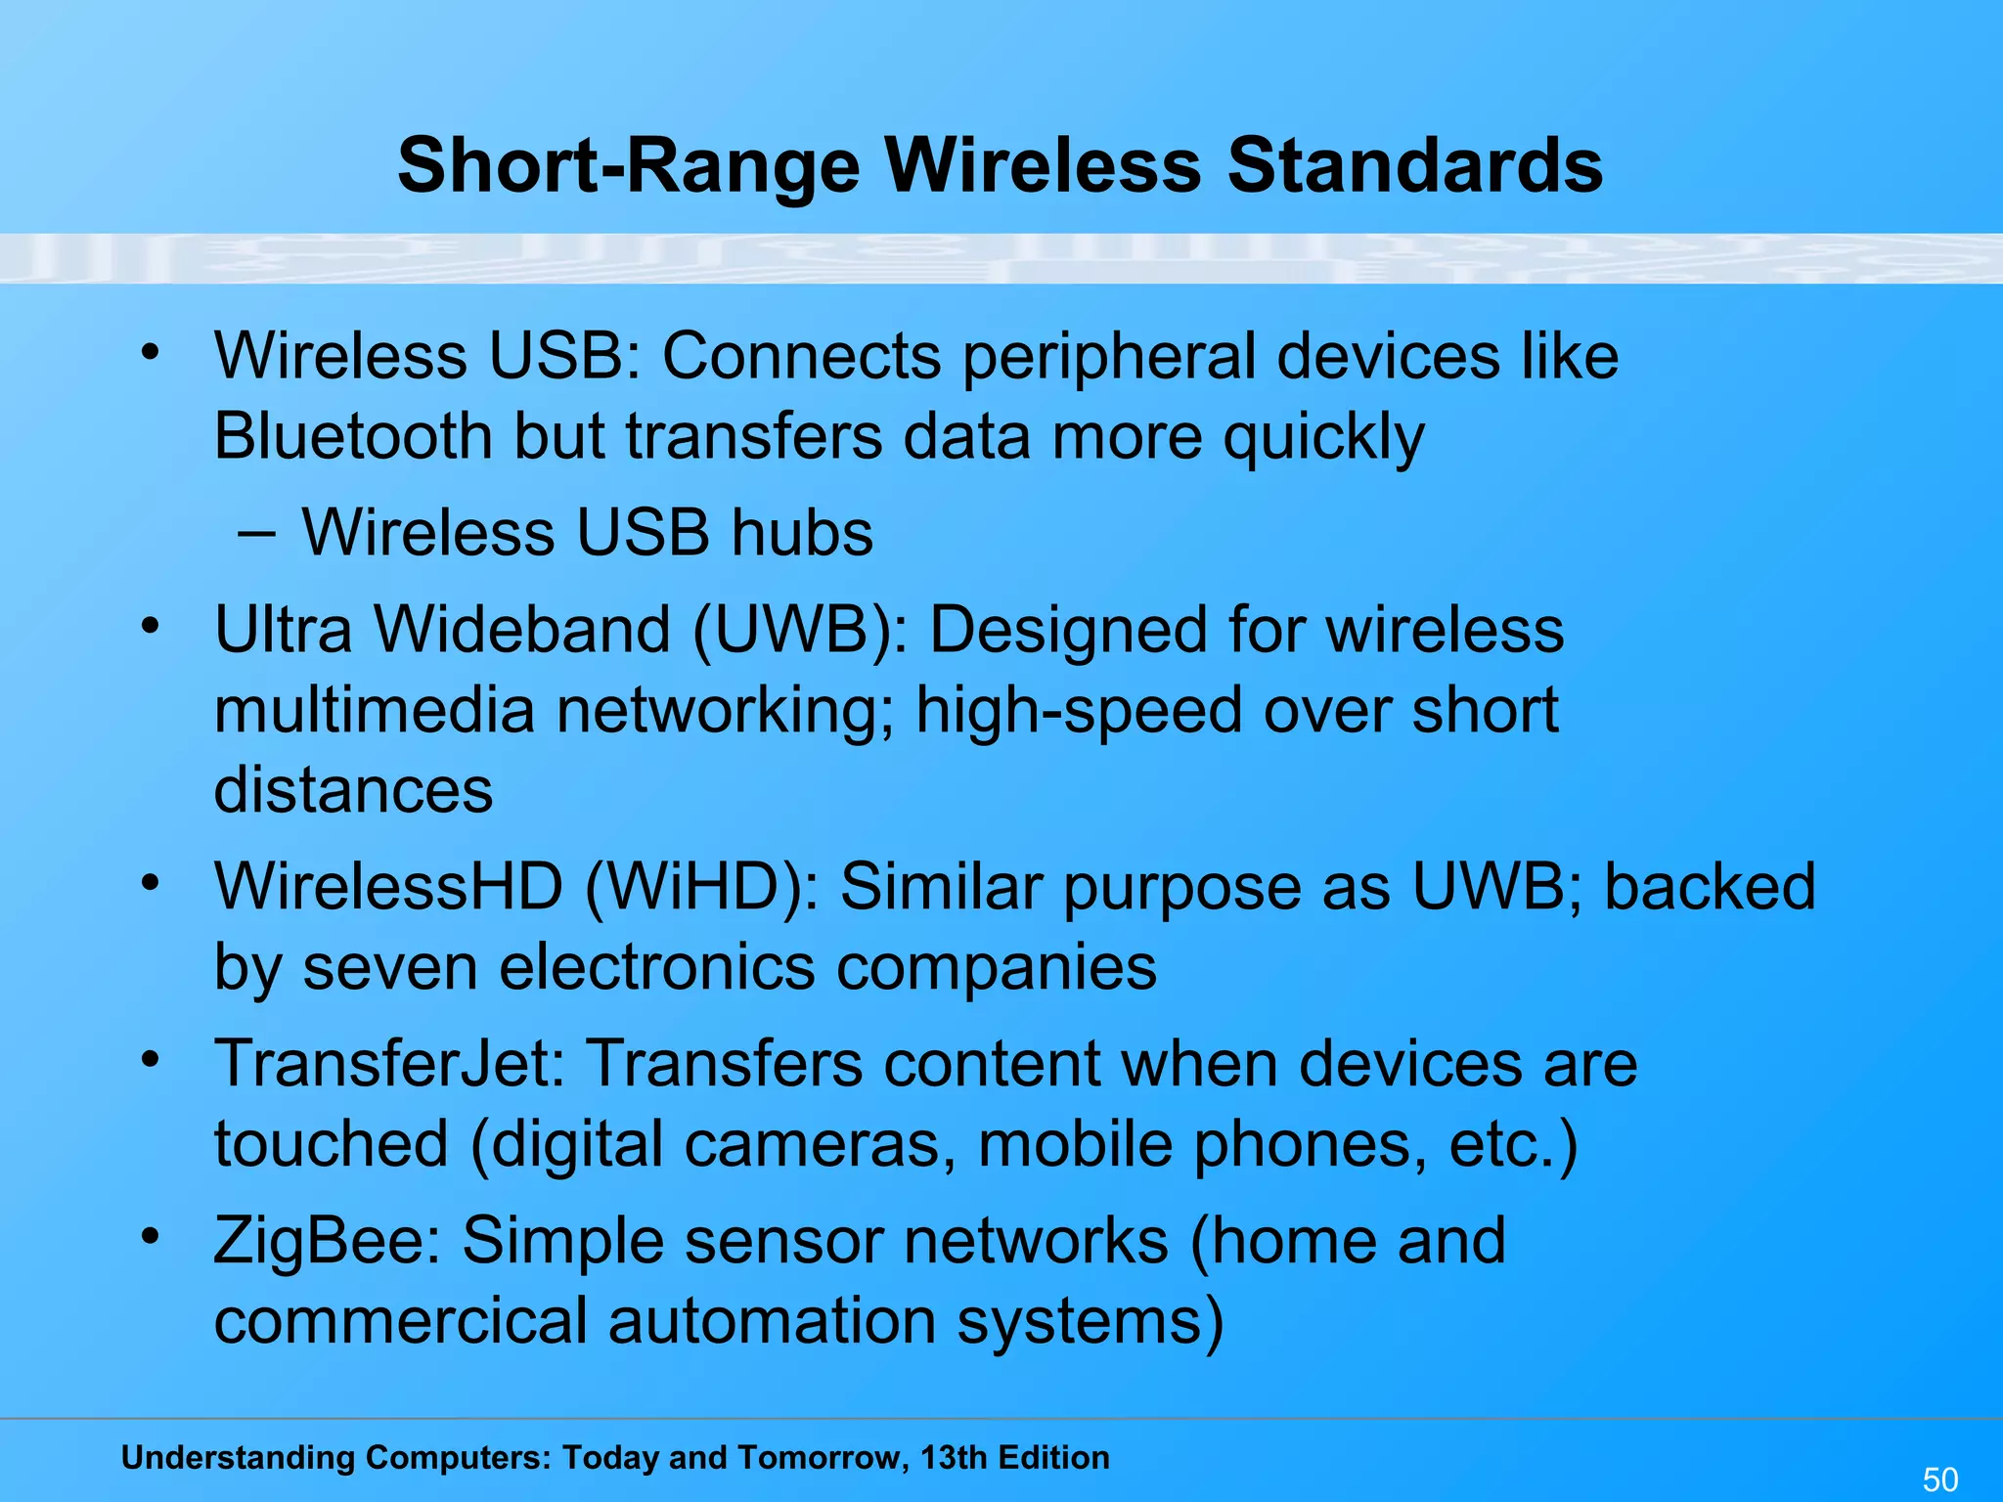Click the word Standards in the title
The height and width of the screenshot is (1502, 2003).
(x=1414, y=165)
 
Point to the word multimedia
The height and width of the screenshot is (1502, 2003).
(x=374, y=710)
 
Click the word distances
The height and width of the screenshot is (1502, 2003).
(x=353, y=790)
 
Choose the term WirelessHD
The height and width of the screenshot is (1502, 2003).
(x=388, y=887)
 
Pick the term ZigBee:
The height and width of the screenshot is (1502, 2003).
(x=327, y=1241)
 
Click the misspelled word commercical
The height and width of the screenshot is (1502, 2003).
(x=400, y=1321)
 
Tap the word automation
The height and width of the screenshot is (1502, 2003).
(x=772, y=1321)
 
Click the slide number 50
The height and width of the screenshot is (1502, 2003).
(x=1940, y=1480)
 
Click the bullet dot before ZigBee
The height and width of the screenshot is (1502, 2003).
(x=149, y=1236)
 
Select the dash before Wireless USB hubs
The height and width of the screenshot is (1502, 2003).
(x=255, y=533)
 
